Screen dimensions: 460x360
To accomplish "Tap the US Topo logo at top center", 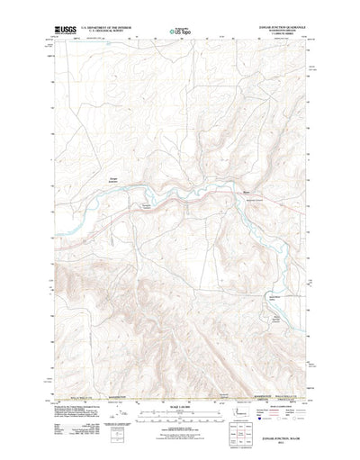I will pyautogui.click(x=180, y=32).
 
